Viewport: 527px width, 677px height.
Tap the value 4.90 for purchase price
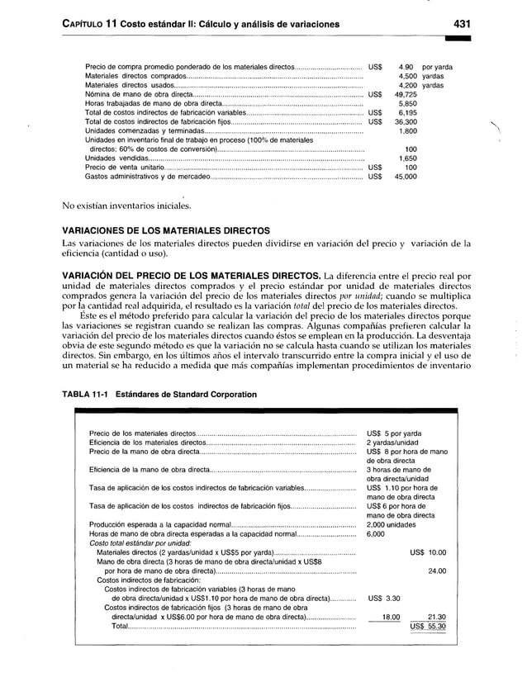click(x=406, y=66)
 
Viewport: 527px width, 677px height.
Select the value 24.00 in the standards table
click(x=436, y=570)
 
